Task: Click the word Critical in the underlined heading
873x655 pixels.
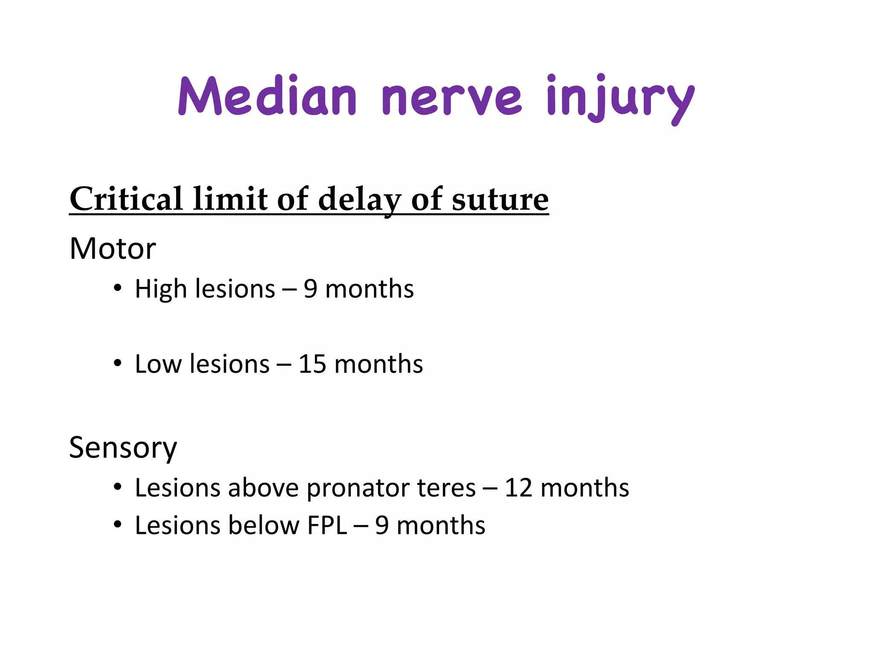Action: pos(126,199)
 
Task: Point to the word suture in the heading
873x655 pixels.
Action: pos(500,199)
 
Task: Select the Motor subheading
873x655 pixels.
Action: pos(113,248)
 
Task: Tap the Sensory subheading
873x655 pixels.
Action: pos(123,448)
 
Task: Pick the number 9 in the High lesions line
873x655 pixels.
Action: pos(310,289)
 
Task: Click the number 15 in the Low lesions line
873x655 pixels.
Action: pos(312,364)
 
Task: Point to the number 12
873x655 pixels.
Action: pos(518,488)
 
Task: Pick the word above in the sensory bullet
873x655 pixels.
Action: pos(263,488)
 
